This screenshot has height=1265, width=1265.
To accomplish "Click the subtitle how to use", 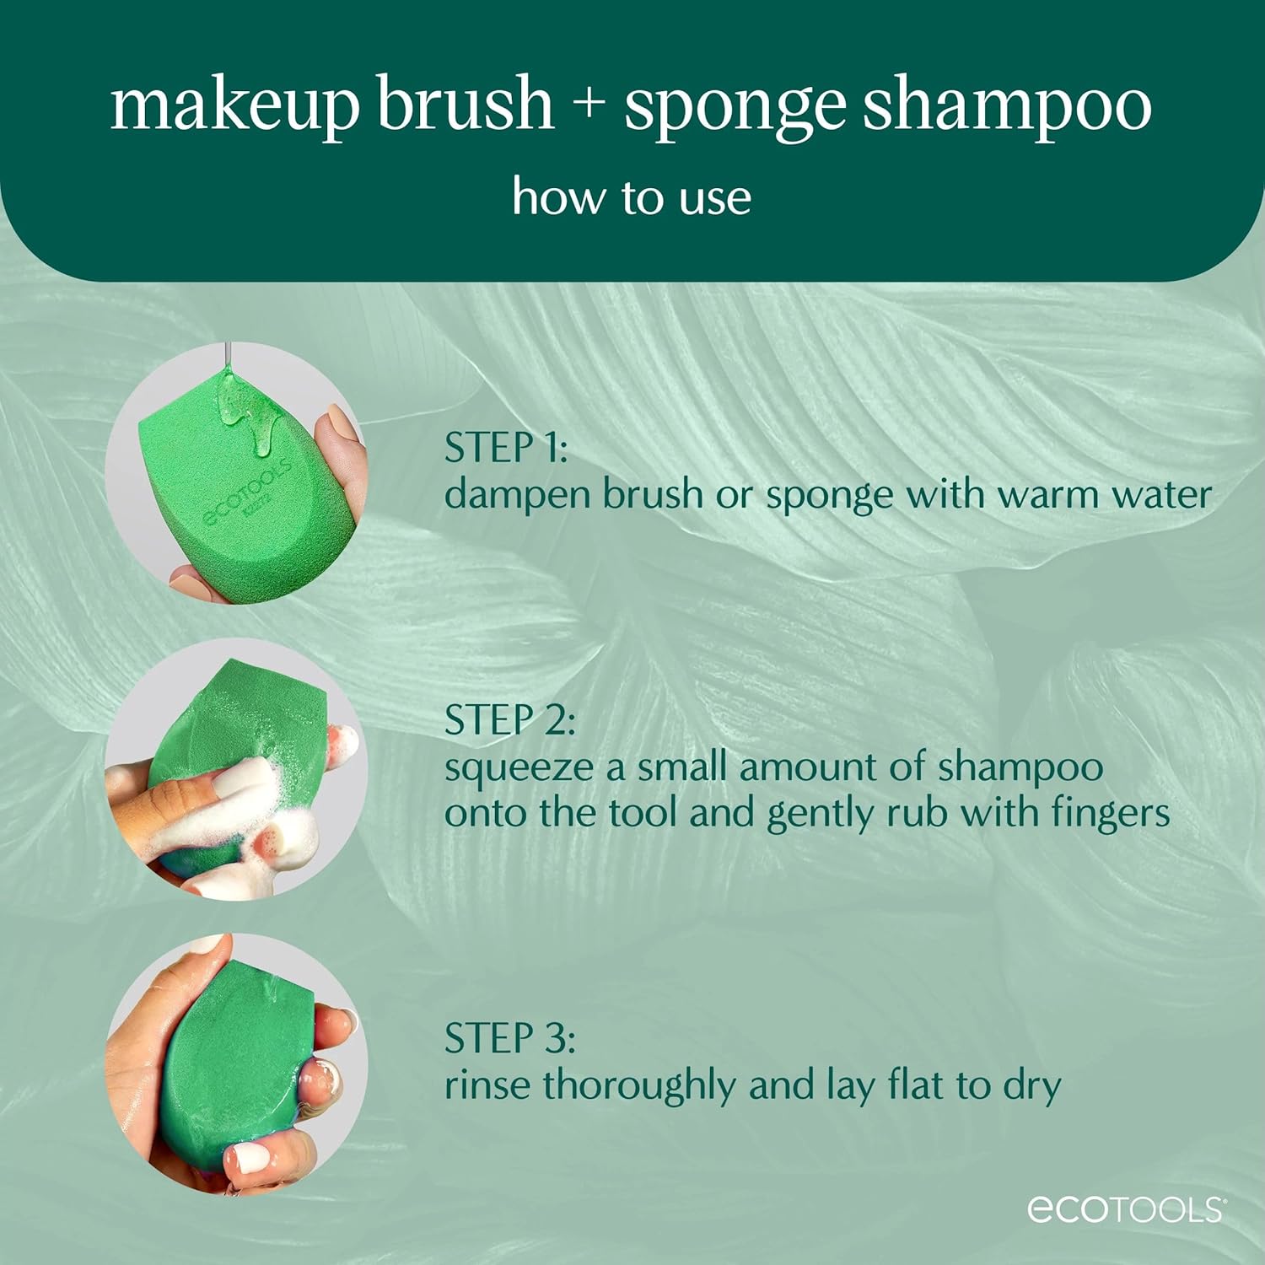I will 631,197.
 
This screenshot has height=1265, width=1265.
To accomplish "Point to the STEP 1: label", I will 506,448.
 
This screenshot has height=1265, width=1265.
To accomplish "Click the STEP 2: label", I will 509,721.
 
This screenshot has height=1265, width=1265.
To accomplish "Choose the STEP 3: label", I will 509,1038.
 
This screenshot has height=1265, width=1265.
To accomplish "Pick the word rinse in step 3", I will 488,1085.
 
